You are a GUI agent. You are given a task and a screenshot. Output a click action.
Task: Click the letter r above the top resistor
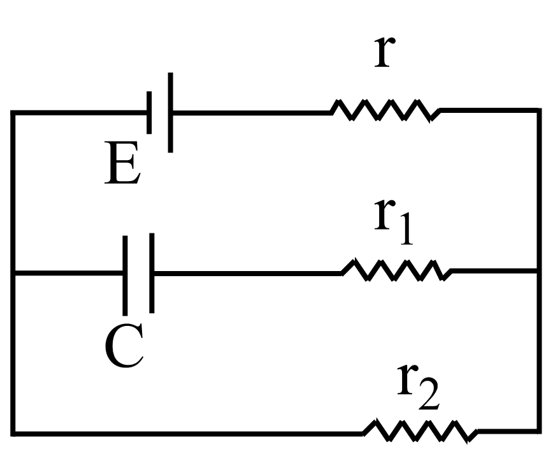382,51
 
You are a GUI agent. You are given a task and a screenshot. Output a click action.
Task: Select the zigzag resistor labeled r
385,112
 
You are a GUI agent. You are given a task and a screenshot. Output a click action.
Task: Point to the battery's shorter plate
149,112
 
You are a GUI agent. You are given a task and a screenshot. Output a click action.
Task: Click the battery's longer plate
170,112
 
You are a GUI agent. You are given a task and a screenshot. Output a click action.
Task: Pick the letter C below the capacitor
124,348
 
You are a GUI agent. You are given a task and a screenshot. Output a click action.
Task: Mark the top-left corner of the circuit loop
13,112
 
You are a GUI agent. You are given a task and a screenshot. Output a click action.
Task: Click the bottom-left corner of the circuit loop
13,433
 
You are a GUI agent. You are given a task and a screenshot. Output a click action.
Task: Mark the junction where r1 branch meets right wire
539,271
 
